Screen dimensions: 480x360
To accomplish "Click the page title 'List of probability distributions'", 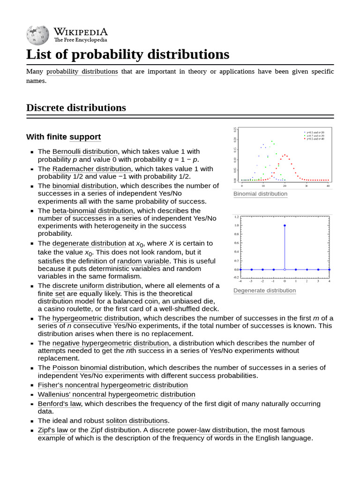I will point(127,54).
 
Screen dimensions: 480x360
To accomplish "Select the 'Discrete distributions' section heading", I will point(76,108).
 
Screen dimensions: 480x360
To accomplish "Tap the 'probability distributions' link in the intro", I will point(82,72).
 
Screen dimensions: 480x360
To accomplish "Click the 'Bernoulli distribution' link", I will point(85,151).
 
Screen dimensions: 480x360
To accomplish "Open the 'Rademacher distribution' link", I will point(91,169).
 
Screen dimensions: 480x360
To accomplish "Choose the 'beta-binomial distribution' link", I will point(93,210).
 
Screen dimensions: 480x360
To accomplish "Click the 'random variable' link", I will point(143,261).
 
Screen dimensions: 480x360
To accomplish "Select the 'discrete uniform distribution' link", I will point(97,285).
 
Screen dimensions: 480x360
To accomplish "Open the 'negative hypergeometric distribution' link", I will point(111,343).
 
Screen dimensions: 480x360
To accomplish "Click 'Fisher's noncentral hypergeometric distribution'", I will point(113,385).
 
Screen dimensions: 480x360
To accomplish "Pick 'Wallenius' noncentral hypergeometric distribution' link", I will point(117,395).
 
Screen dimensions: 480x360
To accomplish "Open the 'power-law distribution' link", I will point(212,430).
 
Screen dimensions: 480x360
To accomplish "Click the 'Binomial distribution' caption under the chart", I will point(260,194).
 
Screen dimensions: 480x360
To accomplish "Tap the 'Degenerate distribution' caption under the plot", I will point(264,291).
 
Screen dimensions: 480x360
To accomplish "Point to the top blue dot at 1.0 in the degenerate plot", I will point(285,225).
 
